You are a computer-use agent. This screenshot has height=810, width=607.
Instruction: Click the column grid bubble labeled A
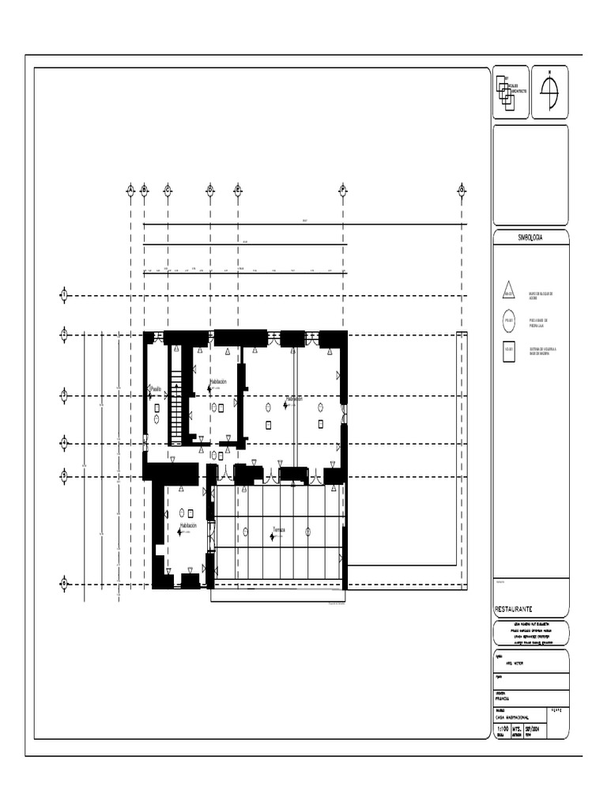pos(130,189)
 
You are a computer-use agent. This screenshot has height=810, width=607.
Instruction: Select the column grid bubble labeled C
pos(168,189)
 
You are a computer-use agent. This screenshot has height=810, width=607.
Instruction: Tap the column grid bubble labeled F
pos(343,189)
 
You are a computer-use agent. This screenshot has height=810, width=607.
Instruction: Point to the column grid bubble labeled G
pos(462,189)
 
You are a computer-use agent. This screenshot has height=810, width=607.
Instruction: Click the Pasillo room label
pos(156,388)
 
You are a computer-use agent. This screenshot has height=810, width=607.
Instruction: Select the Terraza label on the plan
pos(279,529)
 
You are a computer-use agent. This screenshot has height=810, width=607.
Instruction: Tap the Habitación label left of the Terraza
pos(188,525)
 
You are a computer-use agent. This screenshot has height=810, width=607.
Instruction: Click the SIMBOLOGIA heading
pos(530,237)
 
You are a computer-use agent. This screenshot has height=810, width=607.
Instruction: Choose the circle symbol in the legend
pos(509,321)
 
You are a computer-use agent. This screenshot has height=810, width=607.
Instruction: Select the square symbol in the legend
pos(509,350)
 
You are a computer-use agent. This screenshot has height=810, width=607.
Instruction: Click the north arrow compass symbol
pos(549,91)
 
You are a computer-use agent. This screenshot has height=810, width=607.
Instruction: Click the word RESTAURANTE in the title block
pos(514,610)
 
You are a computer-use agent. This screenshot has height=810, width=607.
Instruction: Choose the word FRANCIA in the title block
pos(503,698)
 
